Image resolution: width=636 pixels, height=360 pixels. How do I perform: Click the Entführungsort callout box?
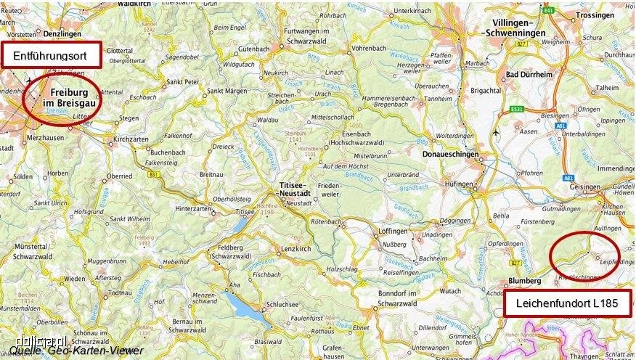pyautogui.click(x=51, y=55)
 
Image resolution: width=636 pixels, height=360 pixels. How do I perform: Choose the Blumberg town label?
pyautogui.click(x=526, y=280)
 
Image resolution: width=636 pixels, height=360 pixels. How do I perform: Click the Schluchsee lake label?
pyautogui.click(x=280, y=305)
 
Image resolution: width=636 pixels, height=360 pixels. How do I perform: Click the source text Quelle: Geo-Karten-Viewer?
pyautogui.click(x=76, y=351)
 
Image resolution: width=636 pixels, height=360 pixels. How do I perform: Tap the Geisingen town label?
pyautogui.click(x=584, y=187)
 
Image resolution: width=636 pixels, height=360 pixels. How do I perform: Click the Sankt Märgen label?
pyautogui.click(x=224, y=91)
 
